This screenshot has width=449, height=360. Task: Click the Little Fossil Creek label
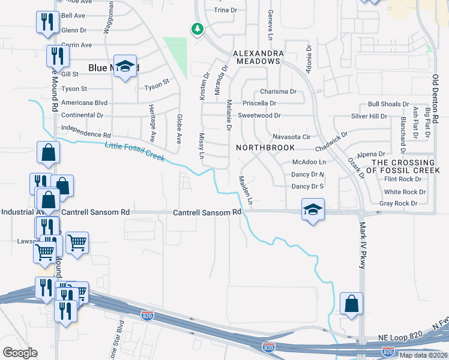pyautogui.click(x=134, y=151)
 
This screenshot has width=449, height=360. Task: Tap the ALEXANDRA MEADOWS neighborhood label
pyautogui.click(x=259, y=58)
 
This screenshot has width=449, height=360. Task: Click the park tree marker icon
pyautogui.click(x=196, y=29)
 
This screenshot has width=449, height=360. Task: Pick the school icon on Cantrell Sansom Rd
pyautogui.click(x=312, y=211)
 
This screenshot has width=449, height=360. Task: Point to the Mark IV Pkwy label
pyautogui.click(x=362, y=247)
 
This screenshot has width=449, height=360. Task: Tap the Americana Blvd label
pyautogui.click(x=84, y=102)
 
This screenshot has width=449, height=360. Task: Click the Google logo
pyautogui.click(x=20, y=353)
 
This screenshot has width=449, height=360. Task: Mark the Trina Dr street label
pyautogui.click(x=225, y=10)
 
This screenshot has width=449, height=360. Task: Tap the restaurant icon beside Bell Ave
pyautogui.click(x=46, y=22)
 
